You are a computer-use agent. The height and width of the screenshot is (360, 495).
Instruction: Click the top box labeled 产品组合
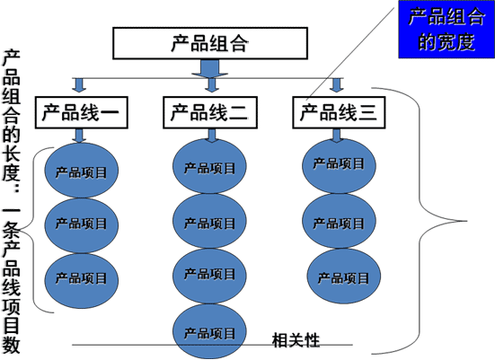pyautogui.click(x=210, y=43)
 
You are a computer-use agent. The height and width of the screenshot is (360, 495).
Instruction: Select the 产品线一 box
pyautogui.click(x=82, y=112)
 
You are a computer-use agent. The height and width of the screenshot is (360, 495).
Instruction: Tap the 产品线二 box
pyautogui.click(x=210, y=112)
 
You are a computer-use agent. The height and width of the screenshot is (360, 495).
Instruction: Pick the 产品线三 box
pyautogui.click(x=339, y=112)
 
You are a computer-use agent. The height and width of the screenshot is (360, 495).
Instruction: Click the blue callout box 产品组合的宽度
pyautogui.click(x=446, y=30)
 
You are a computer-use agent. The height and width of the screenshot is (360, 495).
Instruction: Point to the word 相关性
pyautogui.click(x=296, y=340)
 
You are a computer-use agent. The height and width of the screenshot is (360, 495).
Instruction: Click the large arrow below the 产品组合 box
pyautogui.click(x=210, y=68)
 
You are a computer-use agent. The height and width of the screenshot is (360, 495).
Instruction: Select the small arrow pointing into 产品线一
pyautogui.click(x=79, y=85)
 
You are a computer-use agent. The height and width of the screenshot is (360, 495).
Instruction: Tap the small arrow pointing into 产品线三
pyautogui.click(x=337, y=85)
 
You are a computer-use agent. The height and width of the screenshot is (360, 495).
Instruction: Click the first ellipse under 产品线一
pyautogui.click(x=81, y=171)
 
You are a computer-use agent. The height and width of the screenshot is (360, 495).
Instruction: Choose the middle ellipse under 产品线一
pyautogui.click(x=81, y=225)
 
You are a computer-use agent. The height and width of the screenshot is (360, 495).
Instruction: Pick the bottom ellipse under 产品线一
pyautogui.click(x=81, y=281)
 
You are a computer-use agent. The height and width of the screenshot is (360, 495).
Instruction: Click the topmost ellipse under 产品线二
pyautogui.click(x=209, y=166)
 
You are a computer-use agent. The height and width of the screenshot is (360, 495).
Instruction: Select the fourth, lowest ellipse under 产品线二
pyautogui.click(x=209, y=331)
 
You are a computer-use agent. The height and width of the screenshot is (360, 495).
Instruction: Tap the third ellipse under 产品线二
pyautogui.click(x=209, y=277)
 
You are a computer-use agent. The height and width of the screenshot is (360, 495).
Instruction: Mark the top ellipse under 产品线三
pyautogui.click(x=339, y=166)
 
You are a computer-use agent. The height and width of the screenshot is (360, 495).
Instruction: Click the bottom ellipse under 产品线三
pyautogui.click(x=344, y=277)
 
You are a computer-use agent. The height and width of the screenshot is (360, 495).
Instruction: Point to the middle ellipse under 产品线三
pyautogui.click(x=339, y=221)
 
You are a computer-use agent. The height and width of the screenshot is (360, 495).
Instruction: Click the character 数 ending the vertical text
pyautogui.click(x=12, y=346)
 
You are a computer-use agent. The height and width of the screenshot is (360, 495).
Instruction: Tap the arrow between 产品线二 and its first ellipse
pyautogui.click(x=212, y=136)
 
